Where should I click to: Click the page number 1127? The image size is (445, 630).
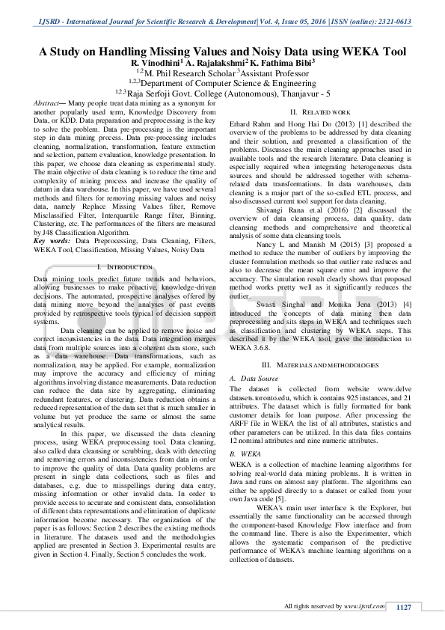point(404,607)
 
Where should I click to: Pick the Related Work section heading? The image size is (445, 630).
point(315,112)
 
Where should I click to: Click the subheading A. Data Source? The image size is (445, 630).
point(254,379)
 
